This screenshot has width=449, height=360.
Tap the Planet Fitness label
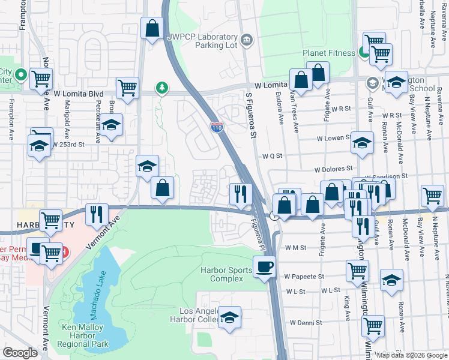pyautogui.click(x=329, y=53)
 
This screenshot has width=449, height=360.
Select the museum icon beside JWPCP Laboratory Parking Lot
pyautogui.click(x=247, y=41)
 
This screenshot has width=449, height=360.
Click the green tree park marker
pyautogui.click(x=161, y=89)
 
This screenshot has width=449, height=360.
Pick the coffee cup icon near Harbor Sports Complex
pyautogui.click(x=264, y=266)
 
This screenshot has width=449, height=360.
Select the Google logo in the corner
pyautogui.click(x=20, y=353)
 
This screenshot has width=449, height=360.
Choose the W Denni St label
pyautogui.click(x=306, y=322)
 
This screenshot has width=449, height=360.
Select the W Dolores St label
pyautogui.click(x=333, y=170)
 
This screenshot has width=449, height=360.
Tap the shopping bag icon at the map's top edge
pyautogui.click(x=152, y=28)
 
